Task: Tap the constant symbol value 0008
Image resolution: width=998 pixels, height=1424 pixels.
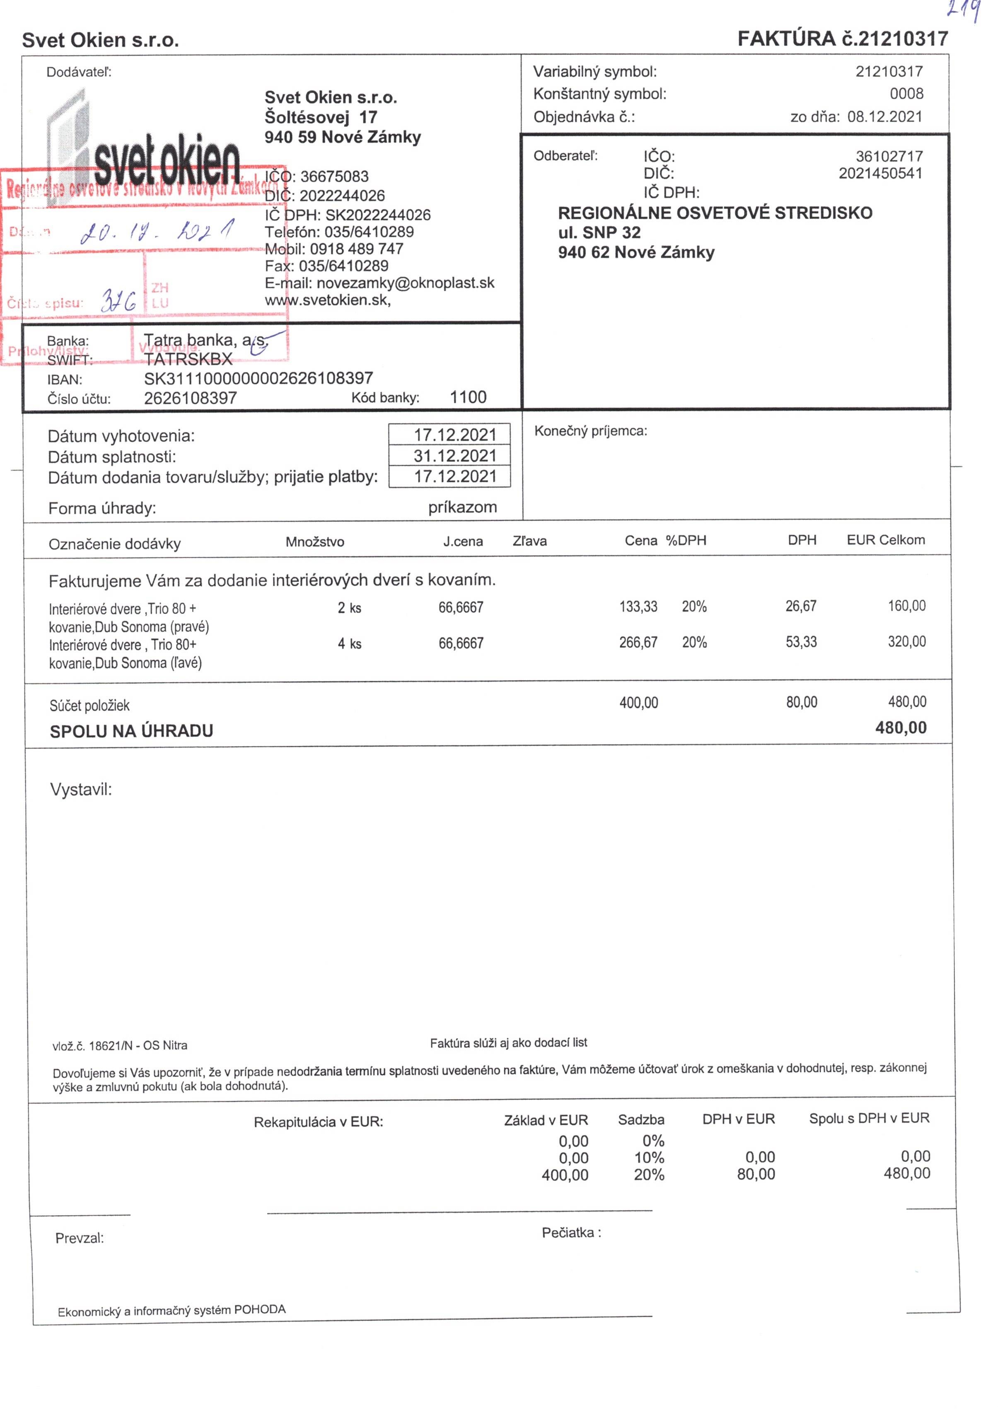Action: (x=906, y=94)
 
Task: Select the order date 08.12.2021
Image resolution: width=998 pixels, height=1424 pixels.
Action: (x=884, y=116)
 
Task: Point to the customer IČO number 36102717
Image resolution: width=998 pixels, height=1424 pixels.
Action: (x=889, y=156)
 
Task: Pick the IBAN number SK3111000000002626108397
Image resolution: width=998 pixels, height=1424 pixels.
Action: (x=259, y=378)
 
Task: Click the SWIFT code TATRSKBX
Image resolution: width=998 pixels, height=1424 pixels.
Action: (x=188, y=359)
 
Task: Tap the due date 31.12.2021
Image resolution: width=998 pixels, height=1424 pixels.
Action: (x=454, y=456)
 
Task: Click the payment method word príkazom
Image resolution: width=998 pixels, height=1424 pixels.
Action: (x=462, y=508)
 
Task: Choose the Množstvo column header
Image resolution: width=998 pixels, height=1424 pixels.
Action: (x=314, y=542)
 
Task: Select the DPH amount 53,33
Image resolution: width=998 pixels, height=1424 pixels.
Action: (x=801, y=642)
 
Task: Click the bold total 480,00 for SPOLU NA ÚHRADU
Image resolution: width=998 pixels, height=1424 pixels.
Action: (x=901, y=728)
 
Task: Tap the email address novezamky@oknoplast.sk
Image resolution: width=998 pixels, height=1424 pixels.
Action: (x=405, y=283)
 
